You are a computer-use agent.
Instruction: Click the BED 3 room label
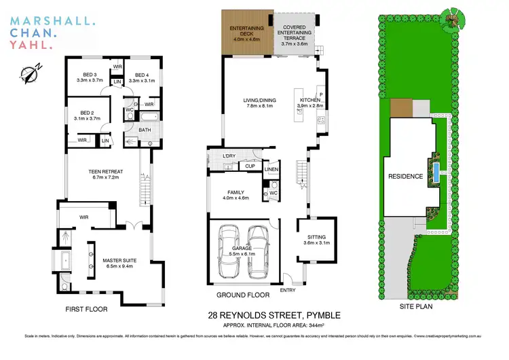pyautogui.click(x=90, y=75)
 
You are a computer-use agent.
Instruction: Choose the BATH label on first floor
pyautogui.click(x=145, y=130)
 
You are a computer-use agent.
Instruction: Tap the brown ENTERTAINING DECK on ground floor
pyautogui.click(x=246, y=34)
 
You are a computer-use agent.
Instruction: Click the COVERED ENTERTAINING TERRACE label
pyautogui.click(x=295, y=35)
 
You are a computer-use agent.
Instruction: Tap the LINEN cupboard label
pyautogui.click(x=271, y=169)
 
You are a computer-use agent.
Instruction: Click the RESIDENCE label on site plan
pyautogui.click(x=406, y=177)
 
